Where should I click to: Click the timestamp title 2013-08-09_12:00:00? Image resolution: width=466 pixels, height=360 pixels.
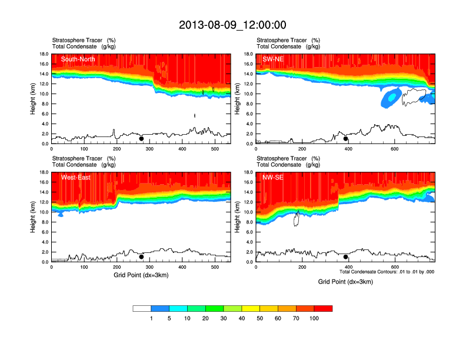click(x=232, y=25)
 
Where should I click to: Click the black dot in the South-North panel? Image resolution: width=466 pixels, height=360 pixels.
click(x=141, y=139)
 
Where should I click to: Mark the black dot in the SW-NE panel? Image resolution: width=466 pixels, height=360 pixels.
click(x=346, y=139)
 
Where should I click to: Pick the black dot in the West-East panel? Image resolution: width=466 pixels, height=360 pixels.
click(x=141, y=257)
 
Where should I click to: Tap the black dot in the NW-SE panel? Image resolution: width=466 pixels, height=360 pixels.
click(x=346, y=257)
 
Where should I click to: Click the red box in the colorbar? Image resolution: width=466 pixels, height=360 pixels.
click(x=323, y=308)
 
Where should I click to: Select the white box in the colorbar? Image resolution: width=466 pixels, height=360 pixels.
click(x=142, y=308)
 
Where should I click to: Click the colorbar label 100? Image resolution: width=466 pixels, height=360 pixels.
click(x=314, y=318)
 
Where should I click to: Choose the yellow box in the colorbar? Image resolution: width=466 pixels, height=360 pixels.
click(x=251, y=308)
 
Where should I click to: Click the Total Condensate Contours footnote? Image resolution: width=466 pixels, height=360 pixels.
click(x=387, y=272)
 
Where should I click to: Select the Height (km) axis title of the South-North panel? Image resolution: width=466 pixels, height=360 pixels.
click(x=34, y=99)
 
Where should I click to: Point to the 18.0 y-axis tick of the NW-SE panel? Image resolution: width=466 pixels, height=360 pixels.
click(x=249, y=172)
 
